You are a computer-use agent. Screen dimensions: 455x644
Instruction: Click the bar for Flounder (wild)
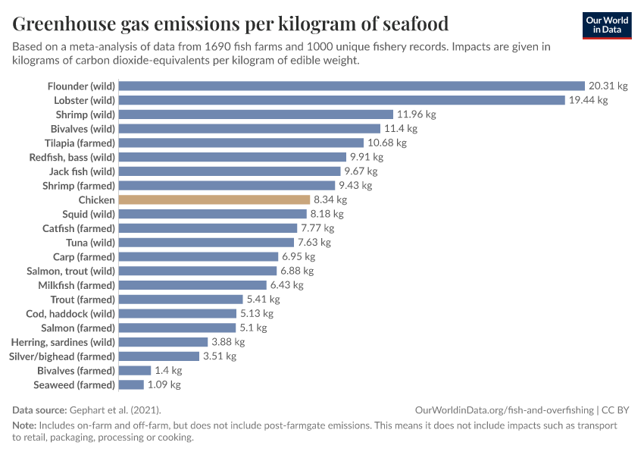pos(352,86)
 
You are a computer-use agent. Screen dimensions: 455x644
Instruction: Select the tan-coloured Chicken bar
pos(214,199)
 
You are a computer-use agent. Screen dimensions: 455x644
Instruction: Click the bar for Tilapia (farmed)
pos(242,143)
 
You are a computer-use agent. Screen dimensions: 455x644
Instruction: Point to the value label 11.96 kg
pos(416,115)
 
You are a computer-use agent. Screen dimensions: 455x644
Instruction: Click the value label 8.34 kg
pos(330,199)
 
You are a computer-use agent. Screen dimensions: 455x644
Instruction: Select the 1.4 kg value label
pos(168,371)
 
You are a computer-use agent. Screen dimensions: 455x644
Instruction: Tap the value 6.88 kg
pos(297,271)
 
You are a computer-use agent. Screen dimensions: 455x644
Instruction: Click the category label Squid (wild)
pos(89,214)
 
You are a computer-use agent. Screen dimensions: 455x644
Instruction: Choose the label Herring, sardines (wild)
pos(63,342)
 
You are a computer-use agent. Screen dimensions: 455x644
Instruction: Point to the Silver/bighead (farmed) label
pos(62,356)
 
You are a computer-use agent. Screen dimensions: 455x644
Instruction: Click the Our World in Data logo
pos(606,24)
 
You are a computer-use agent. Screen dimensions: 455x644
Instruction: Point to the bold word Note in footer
pos(23,425)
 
